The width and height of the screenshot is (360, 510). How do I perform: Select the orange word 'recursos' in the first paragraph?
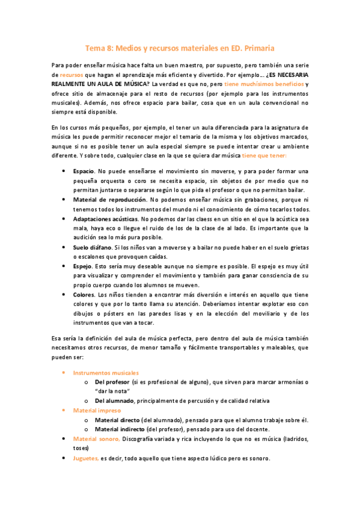(x=72, y=74)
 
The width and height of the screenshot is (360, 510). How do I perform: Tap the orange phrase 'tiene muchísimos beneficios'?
(x=264, y=84)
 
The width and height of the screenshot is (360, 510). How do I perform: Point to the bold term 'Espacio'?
(x=83, y=171)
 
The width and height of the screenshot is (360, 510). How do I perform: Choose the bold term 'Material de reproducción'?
(x=109, y=199)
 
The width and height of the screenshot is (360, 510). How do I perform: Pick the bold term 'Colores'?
(x=84, y=295)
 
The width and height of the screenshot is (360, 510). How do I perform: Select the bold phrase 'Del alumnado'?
(x=114, y=401)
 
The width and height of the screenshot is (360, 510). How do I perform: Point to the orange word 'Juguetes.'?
(x=86, y=458)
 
